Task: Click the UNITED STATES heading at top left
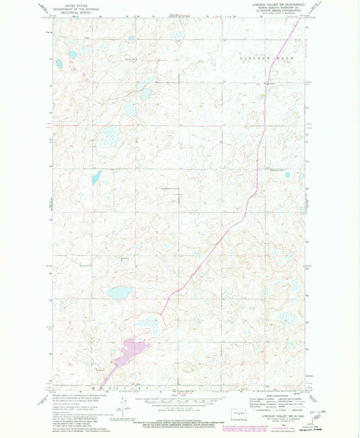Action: point(76,5)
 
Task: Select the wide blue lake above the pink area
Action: point(122,293)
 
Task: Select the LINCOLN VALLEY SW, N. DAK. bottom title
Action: point(277,418)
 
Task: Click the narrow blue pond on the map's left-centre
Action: point(97,177)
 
